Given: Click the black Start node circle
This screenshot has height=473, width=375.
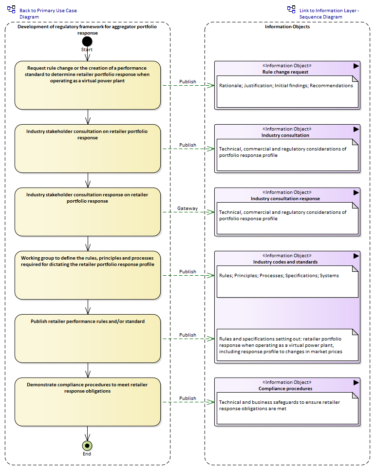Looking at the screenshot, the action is click(87, 41).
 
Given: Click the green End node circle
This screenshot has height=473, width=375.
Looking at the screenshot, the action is click(87, 446).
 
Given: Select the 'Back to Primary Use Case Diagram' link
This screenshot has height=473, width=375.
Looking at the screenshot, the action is click(48, 14).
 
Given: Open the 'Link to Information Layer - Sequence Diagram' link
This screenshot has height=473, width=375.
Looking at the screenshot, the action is click(329, 14).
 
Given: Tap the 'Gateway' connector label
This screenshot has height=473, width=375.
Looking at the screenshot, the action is click(187, 208).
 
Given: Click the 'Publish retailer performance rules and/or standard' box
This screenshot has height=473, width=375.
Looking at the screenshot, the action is click(88, 339).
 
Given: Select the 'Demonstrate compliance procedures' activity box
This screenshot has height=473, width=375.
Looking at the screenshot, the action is click(88, 402).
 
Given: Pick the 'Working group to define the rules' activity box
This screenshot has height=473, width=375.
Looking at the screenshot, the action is click(88, 275).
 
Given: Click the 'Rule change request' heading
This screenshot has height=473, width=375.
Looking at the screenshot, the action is click(285, 72).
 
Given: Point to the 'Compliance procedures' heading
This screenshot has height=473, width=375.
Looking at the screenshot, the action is click(285, 389).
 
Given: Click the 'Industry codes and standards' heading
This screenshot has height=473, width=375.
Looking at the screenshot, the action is click(285, 262).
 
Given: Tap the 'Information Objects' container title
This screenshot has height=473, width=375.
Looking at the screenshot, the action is click(287, 26).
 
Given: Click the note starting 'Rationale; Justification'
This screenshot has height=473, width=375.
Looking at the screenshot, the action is click(287, 92).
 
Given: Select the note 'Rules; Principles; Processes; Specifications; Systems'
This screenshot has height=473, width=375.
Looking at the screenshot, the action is click(287, 282).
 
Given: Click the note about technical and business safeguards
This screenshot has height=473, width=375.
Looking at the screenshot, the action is click(287, 408).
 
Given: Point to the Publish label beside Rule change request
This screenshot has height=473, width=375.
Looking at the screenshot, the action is click(187, 81).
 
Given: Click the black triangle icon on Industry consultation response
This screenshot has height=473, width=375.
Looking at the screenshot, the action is click(356, 192).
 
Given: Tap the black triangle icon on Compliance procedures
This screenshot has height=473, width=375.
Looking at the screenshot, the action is click(356, 382).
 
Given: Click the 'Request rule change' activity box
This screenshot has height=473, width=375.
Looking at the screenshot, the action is click(88, 85).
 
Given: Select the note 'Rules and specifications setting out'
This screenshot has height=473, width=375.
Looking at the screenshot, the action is click(287, 345).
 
